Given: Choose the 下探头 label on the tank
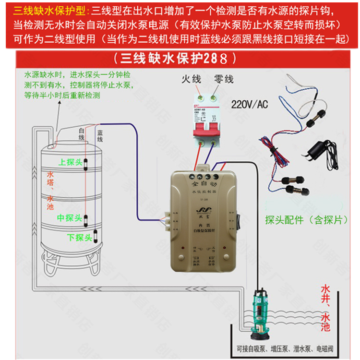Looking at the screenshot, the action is pos(79,237).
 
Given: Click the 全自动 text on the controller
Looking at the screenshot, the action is pos(204,184).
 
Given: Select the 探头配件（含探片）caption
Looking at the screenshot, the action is pos(301,220).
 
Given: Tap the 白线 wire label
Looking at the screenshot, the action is pos(81,134).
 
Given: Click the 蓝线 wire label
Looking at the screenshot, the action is pos(100,135).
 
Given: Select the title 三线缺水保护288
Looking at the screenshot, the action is pos(180,59).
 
